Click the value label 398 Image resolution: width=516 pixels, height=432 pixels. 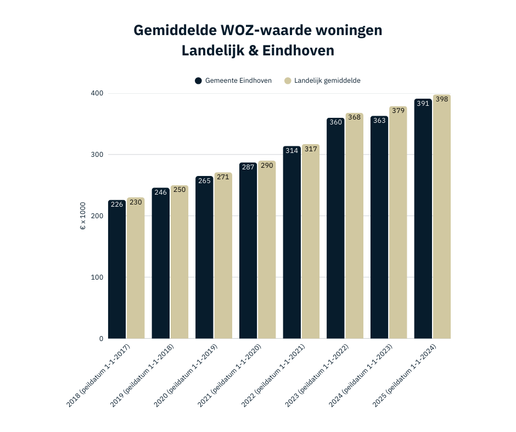coord(442,99)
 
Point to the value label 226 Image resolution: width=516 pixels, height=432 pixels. coord(117,204)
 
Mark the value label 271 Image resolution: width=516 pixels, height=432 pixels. coord(223,178)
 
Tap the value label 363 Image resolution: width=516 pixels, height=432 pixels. coord(379,120)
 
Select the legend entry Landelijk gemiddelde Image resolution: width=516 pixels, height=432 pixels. coord(327,81)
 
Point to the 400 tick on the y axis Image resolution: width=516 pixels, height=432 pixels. coord(97,93)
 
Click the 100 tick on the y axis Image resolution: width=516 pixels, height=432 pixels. coord(97,277)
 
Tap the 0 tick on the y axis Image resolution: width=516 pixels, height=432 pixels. coord(101,339)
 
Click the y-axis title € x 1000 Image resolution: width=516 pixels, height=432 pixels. coord(83,217)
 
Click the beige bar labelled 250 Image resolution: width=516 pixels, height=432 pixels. coord(179,263)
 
